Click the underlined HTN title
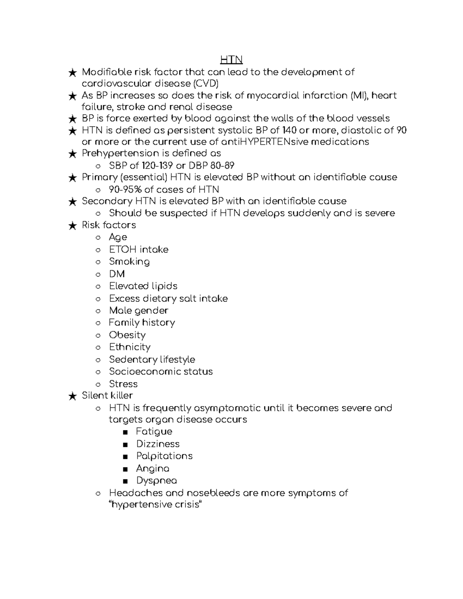click(x=231, y=60)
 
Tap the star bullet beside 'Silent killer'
click(x=72, y=396)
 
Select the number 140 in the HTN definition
click(x=289, y=130)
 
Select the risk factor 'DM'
click(x=117, y=274)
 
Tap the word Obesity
click(x=127, y=335)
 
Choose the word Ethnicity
click(x=130, y=347)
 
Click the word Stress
click(x=123, y=384)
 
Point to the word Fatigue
click(x=154, y=432)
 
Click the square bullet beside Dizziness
click(x=125, y=445)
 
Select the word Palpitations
click(x=164, y=456)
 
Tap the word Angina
click(x=152, y=469)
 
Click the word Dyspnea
click(x=156, y=481)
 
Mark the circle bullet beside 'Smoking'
click(x=98, y=262)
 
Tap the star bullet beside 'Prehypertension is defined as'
click(x=72, y=154)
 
